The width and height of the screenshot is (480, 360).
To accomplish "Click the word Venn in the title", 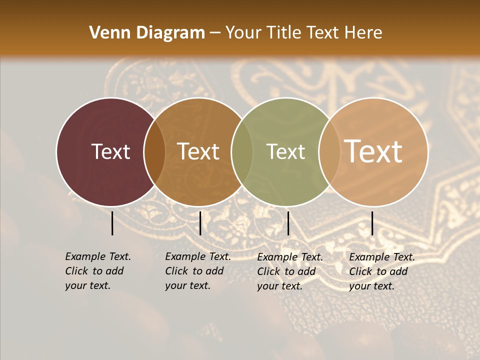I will click(106, 33).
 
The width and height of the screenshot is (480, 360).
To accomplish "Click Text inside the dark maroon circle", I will click(110, 151).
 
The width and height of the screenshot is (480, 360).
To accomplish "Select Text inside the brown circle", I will click(198, 151).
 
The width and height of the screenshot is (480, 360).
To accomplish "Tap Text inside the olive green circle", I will click(285, 151).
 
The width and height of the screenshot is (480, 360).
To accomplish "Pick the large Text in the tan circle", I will click(373, 151).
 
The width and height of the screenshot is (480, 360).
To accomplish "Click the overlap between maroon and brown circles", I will click(154, 151).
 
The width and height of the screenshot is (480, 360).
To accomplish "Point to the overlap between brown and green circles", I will click(242, 151).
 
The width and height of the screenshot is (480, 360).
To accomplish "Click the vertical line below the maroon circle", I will click(112, 223).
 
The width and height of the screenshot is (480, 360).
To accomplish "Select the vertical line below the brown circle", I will click(200, 223).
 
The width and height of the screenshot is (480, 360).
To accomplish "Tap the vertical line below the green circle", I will click(288, 223).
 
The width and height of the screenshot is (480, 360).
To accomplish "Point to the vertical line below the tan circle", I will click(372, 223).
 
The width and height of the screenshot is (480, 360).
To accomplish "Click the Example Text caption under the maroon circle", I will click(97, 271).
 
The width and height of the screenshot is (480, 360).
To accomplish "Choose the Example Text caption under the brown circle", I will click(197, 271).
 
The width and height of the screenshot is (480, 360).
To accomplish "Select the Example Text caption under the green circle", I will click(289, 271).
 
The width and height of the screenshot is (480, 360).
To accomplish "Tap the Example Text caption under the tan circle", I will click(381, 271).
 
